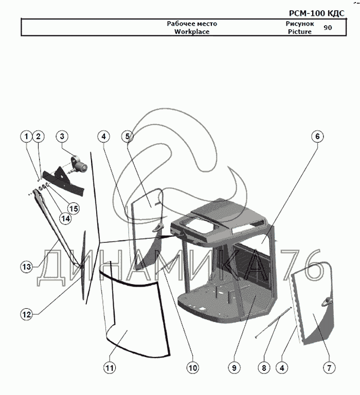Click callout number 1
point(26,137)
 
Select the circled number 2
point(38,137)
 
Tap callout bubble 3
point(62,137)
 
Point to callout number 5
point(128,137)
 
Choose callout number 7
point(329,368)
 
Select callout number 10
point(192,368)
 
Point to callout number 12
point(27,313)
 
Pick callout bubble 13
point(27,267)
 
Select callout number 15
point(74,209)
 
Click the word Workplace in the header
point(192,31)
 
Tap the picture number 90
point(328,28)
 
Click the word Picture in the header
point(299,31)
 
